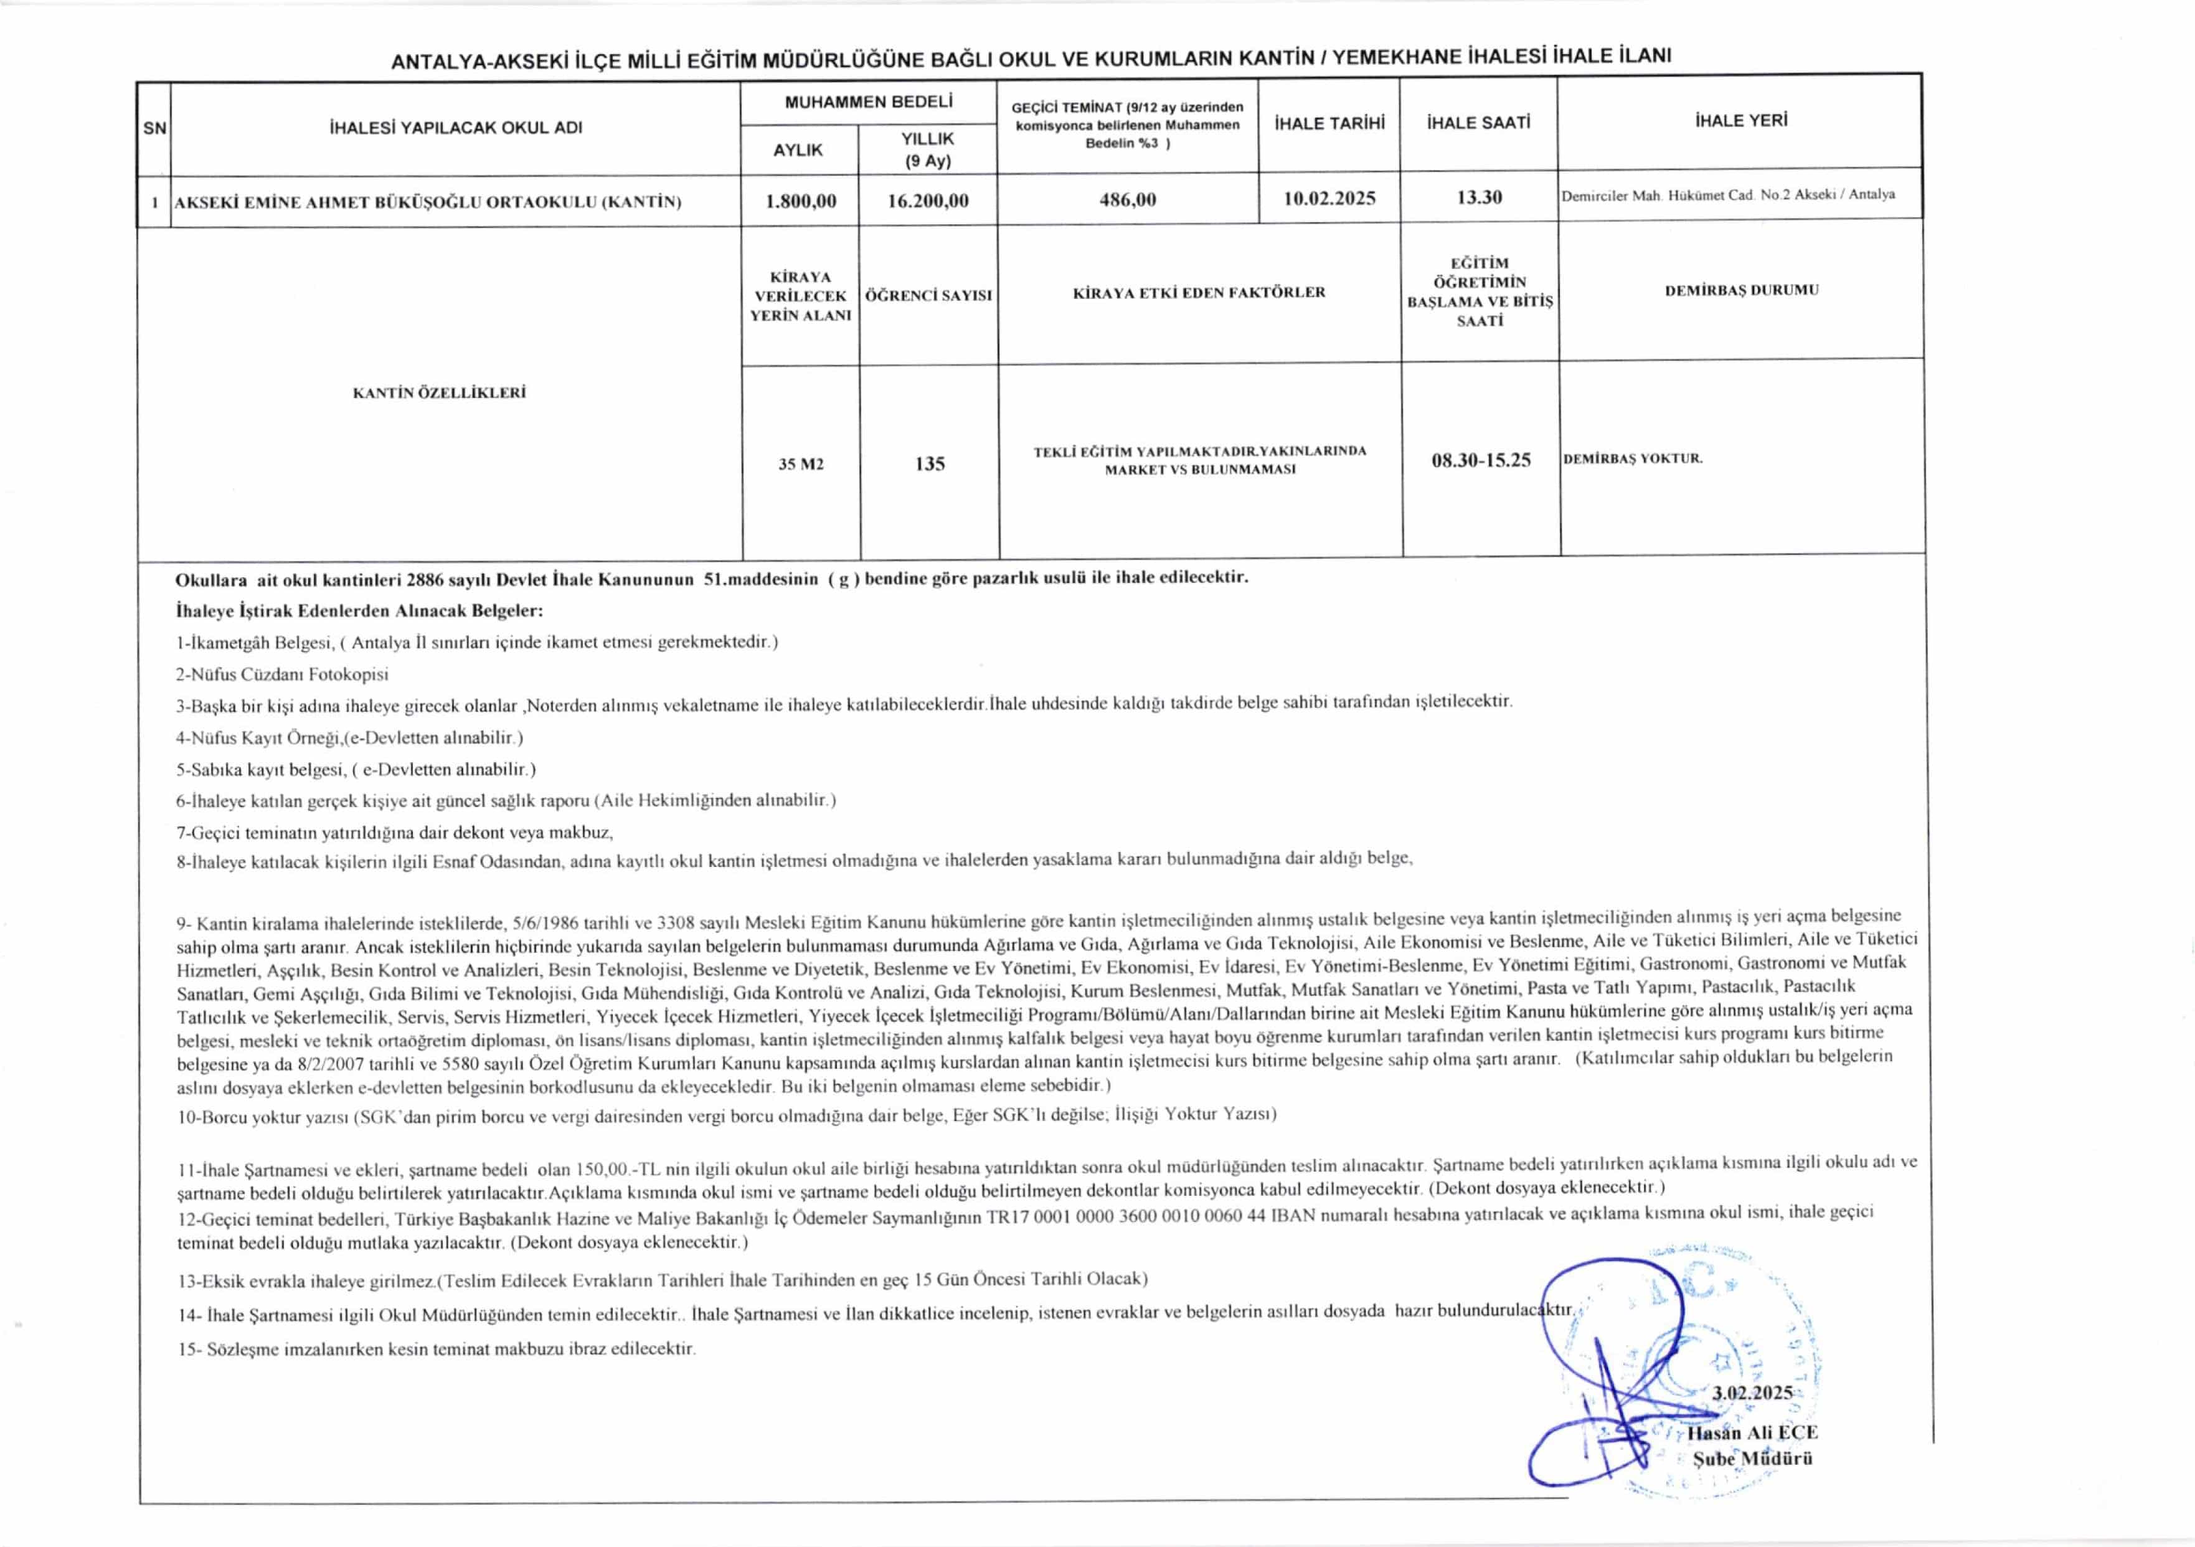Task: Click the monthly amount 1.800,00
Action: (800, 201)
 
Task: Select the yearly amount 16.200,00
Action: (927, 201)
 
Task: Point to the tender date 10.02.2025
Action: (1329, 198)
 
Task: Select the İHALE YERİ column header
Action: (1740, 120)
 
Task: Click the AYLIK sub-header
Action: (798, 150)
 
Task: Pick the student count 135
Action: (929, 464)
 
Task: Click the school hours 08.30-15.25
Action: (1481, 460)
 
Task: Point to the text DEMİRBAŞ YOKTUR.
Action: (1633, 458)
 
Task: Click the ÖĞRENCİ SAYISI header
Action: (928, 295)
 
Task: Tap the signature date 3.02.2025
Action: (1752, 1392)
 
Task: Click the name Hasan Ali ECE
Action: (1752, 1432)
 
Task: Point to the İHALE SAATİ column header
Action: (1478, 123)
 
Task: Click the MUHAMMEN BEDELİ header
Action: (868, 102)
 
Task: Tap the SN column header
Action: (154, 127)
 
